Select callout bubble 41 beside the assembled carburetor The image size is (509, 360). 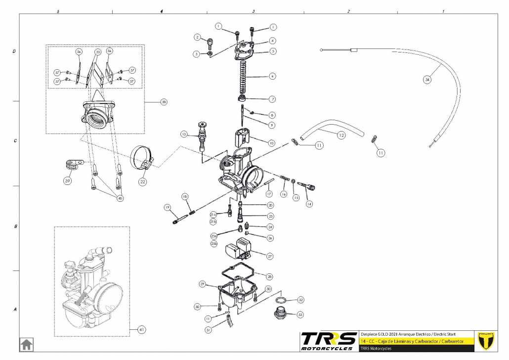pyautogui.click(x=142, y=329)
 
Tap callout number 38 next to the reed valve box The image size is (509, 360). pyautogui.click(x=164, y=102)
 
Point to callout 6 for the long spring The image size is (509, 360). pyautogui.click(x=272, y=77)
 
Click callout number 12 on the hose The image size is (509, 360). pyautogui.click(x=341, y=135)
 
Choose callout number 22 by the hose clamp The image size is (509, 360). pyautogui.click(x=142, y=181)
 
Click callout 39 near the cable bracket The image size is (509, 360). pyautogui.click(x=68, y=181)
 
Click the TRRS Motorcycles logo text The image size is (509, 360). pyautogui.click(x=329, y=341)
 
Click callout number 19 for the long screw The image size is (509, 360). pyautogui.click(x=168, y=207)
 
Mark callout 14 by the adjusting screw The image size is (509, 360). pyautogui.click(x=309, y=203)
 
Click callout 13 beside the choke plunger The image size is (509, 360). pyautogui.click(x=184, y=134)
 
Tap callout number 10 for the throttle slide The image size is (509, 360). pyautogui.click(x=271, y=142)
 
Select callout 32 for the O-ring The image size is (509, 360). pyautogui.click(x=300, y=300)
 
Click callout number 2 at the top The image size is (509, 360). pyautogui.click(x=197, y=37)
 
